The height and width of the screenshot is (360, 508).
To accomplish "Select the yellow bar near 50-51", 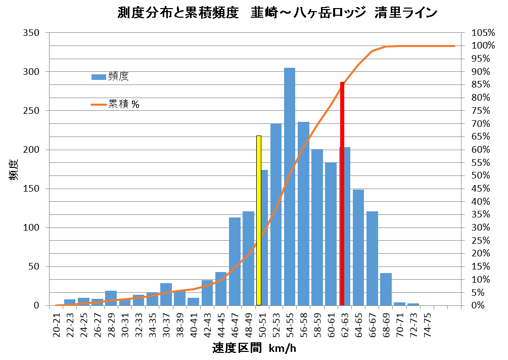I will [259, 220].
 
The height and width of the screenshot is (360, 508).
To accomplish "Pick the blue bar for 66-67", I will [372, 258].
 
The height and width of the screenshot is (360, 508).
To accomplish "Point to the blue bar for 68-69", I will [386, 289].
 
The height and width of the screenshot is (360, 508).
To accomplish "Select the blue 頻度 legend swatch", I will [98, 77].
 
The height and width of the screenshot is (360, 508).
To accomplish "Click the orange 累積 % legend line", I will [98, 105].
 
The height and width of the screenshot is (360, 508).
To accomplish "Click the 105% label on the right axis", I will [482, 33].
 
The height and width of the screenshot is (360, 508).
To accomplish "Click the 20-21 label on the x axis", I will [57, 322].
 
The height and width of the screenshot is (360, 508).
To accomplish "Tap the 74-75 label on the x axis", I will [427, 322].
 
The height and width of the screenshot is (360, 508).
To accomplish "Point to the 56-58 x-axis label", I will [303, 322].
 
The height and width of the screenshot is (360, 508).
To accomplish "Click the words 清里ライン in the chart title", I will [405, 13].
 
